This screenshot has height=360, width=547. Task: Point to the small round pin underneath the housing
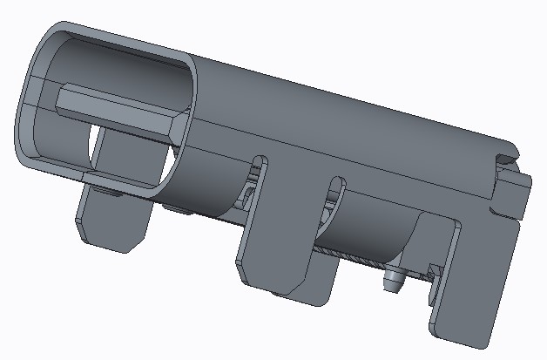click(395, 281)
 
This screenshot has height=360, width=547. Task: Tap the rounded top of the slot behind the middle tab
click(259, 161)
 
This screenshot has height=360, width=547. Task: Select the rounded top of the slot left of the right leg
click(335, 183)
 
